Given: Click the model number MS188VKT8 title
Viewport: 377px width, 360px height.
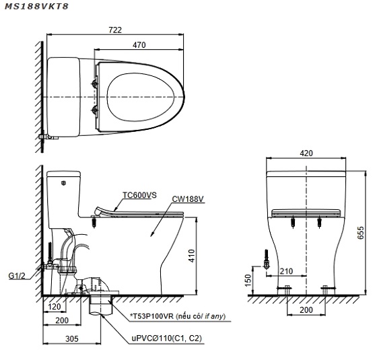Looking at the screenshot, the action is [36, 6].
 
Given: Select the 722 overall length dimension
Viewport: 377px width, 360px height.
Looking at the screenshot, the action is [115, 30].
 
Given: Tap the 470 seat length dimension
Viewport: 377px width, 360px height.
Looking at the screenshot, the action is [139, 45].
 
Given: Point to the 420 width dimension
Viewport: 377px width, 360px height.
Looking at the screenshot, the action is [306, 153].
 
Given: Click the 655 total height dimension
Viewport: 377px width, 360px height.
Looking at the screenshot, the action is [360, 233].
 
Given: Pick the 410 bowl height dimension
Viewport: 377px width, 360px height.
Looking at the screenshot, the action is [191, 256].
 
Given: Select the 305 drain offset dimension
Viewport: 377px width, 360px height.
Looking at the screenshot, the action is [72, 339].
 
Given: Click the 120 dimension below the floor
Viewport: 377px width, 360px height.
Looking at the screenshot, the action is [55, 307].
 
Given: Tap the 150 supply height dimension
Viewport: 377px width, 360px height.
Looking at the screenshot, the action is [248, 281].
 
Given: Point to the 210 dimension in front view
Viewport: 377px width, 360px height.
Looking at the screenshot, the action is [286, 271].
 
